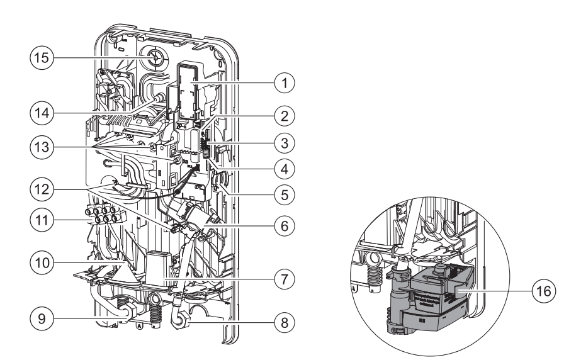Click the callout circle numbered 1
[287, 82]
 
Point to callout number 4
[287, 169]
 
